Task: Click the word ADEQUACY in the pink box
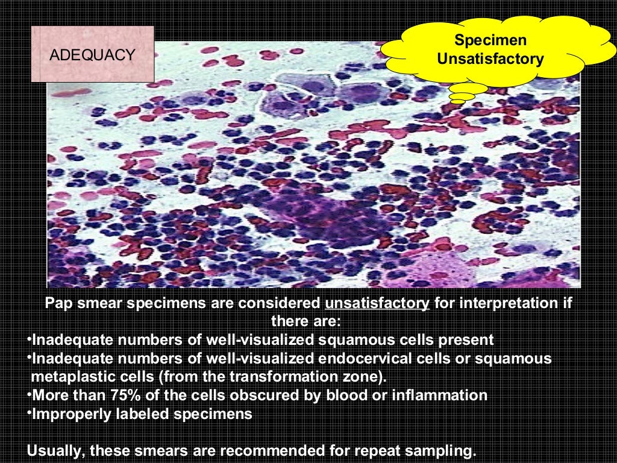pos(92,55)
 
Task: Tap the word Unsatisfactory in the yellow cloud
pos(490,59)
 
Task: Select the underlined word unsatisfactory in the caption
pos(377,303)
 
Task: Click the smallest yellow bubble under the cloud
pos(459,101)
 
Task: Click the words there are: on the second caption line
pos(306,321)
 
